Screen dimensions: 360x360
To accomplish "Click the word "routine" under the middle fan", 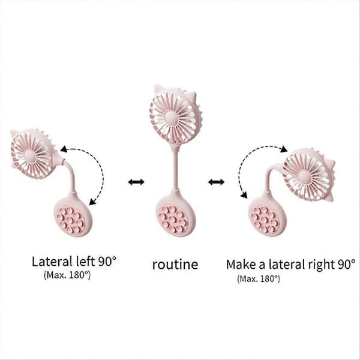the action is tap(175, 265).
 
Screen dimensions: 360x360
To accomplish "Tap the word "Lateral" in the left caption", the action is tap(52, 262).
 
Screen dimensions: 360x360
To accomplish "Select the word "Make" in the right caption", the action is tap(241, 264).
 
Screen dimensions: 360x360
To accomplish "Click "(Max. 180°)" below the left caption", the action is tap(67, 275).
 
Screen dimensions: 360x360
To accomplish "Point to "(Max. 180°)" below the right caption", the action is tap(259, 278).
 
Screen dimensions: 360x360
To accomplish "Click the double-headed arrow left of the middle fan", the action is tap(136, 182).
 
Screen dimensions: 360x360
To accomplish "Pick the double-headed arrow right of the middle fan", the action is tap(216, 182).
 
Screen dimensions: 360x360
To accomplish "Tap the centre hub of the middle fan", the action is tap(172, 118).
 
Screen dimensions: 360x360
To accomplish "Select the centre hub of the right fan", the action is tap(304, 176).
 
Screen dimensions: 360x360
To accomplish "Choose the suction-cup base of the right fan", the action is tap(268, 217).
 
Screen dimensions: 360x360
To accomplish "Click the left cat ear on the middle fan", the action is tap(159, 90).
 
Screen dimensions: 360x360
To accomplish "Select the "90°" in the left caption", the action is tap(107, 262).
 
